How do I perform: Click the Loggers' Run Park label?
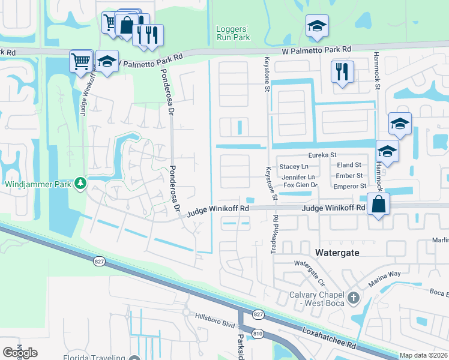233,32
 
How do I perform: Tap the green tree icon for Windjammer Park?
80,183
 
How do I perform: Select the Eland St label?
349,165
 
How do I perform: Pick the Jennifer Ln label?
298,177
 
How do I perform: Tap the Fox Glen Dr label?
300,185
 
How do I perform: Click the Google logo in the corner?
20,352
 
